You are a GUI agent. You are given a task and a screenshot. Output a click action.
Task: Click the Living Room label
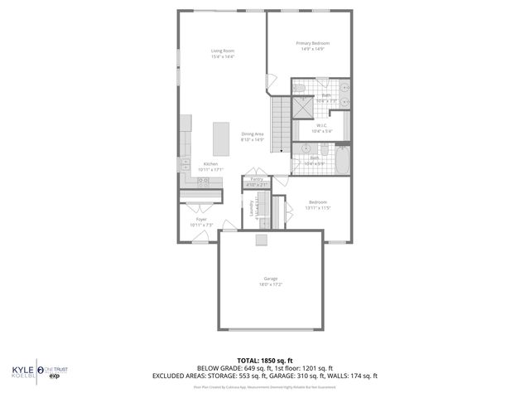223,51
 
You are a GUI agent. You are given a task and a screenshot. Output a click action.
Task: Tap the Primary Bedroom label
313,43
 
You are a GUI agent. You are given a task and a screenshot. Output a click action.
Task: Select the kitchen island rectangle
221,138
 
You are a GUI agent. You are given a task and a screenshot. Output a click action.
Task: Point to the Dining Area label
253,134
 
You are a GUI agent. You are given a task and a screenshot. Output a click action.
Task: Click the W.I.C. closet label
321,126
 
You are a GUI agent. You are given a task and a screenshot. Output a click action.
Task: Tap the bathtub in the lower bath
342,159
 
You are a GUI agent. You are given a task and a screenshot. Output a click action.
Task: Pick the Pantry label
257,179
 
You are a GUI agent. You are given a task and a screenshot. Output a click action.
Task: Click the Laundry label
252,209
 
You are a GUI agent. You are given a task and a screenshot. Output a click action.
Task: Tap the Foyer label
201,220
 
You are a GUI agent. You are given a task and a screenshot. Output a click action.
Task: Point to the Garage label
271,279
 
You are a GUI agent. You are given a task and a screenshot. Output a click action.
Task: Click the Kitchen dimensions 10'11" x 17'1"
211,169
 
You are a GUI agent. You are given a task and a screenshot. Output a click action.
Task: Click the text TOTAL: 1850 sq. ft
264,360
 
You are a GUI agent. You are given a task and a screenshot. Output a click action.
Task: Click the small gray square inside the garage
263,240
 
